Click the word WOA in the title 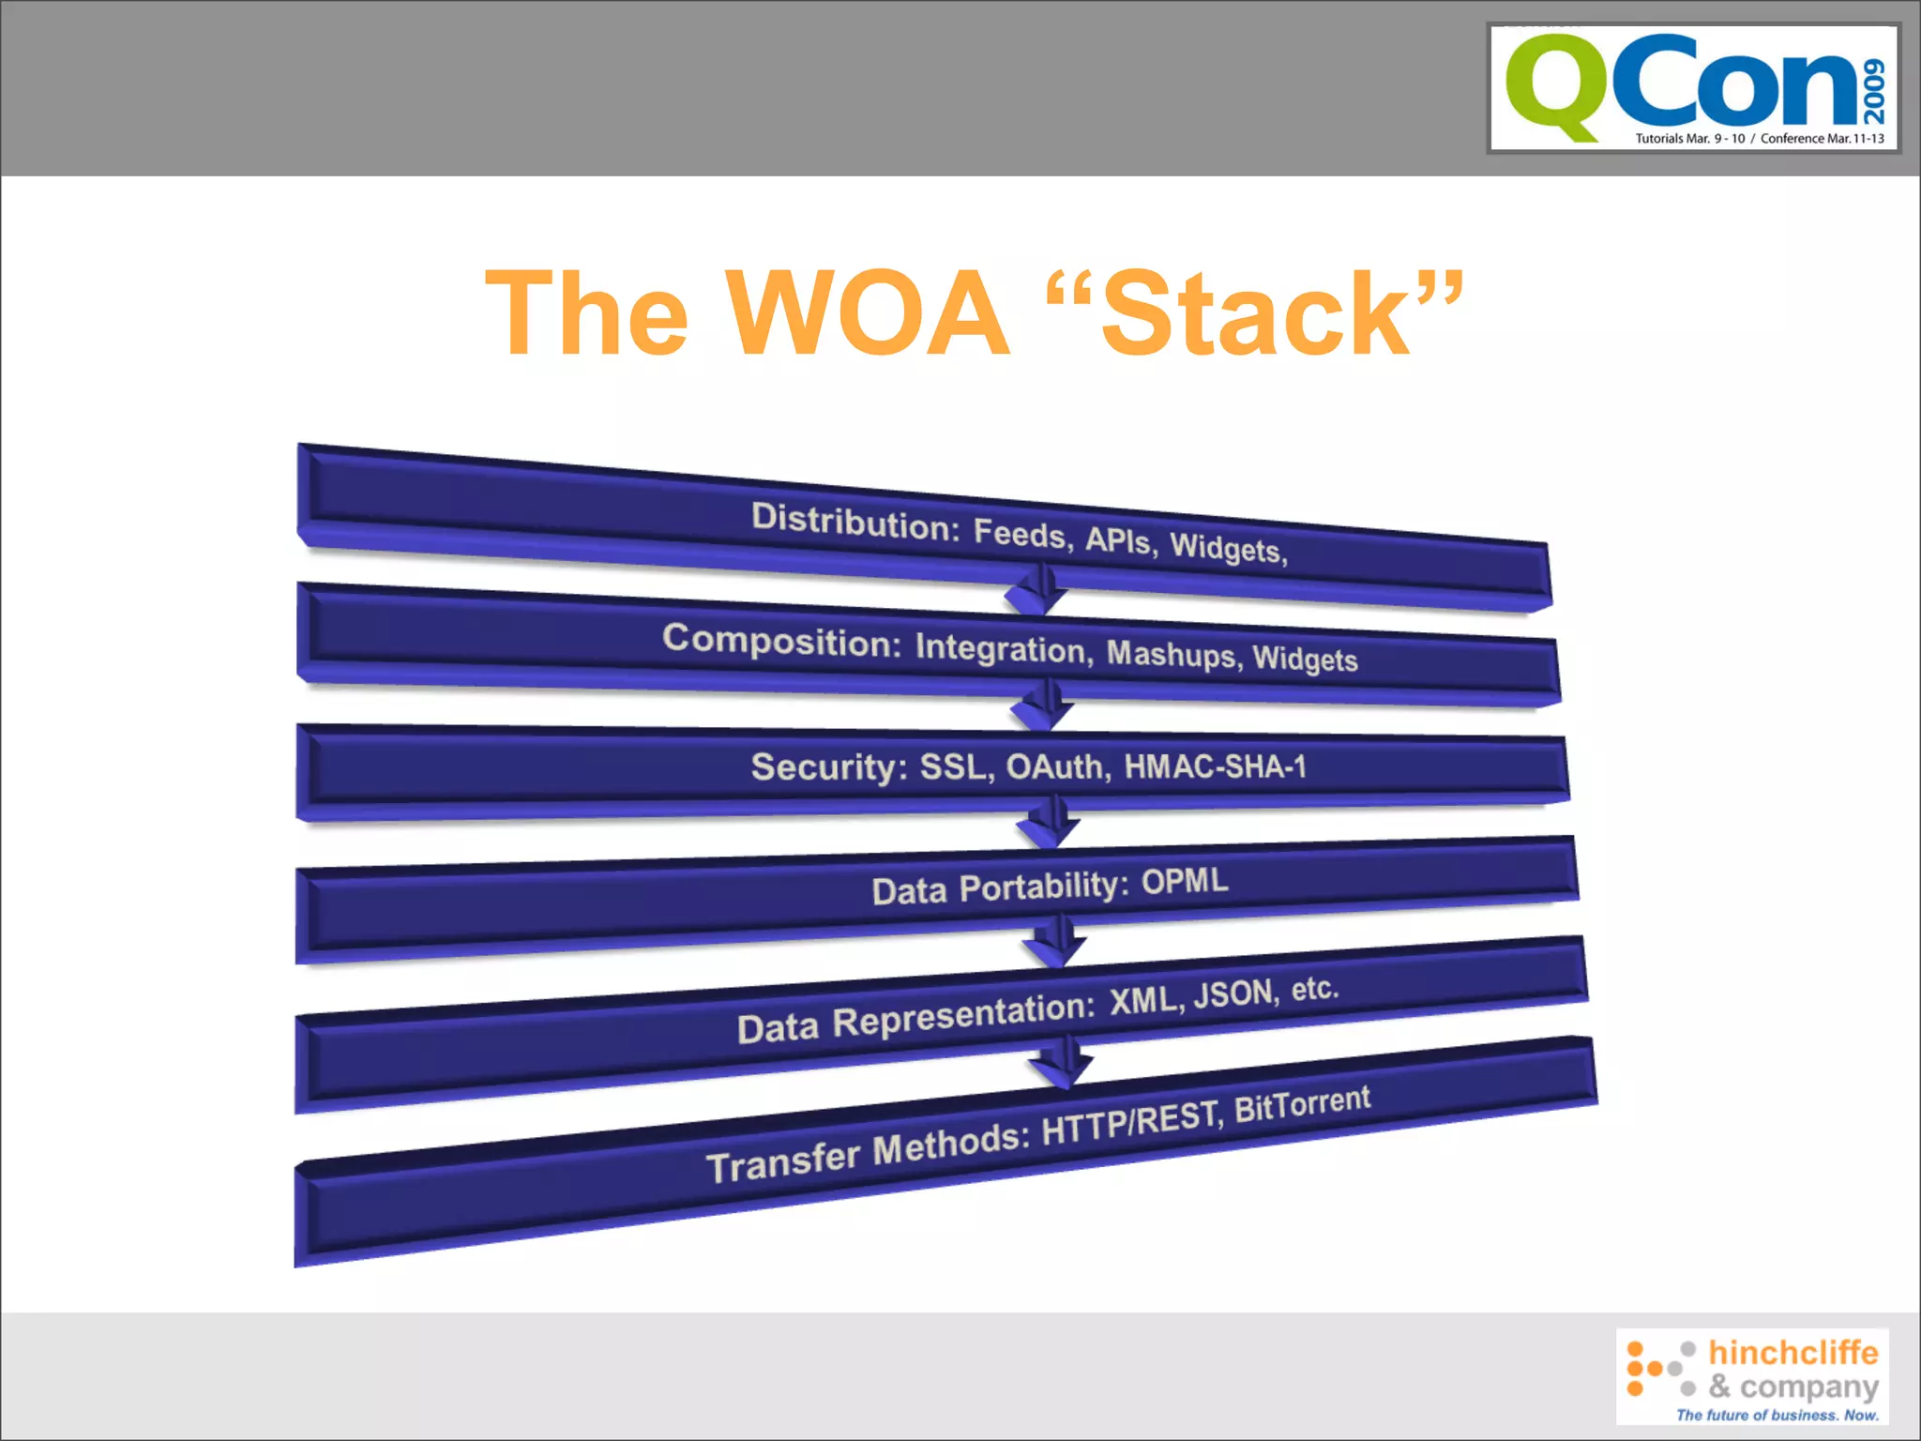click(869, 313)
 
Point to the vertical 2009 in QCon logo click(1874, 90)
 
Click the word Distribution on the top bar click(855, 522)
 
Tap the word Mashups click(1173, 653)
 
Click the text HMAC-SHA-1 click(1215, 766)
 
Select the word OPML click(1185, 881)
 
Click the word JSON click(1234, 994)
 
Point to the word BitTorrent click(1302, 1104)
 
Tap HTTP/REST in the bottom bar click(1131, 1123)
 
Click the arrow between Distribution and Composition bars click(1036, 590)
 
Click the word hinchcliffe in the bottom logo click(1792, 1352)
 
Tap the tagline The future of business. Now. click(1777, 1415)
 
